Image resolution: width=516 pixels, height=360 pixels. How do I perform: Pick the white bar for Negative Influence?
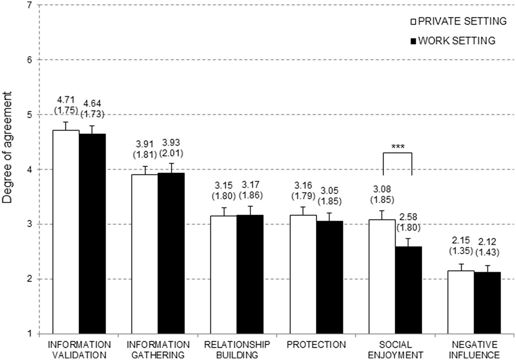tap(461, 302)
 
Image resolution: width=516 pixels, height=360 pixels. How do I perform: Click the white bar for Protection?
tap(303, 274)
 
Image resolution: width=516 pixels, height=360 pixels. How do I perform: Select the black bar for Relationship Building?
tap(250, 274)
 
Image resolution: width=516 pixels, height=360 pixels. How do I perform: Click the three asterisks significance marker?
tap(397, 147)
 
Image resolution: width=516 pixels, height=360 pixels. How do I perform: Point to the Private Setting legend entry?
tap(459, 21)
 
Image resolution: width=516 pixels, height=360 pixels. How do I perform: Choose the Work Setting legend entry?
tap(453, 40)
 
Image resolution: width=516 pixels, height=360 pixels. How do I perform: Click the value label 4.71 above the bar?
tap(66, 99)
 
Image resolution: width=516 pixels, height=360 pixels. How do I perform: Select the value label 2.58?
tap(408, 217)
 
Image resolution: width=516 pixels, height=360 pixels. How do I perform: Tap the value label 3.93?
tap(171, 143)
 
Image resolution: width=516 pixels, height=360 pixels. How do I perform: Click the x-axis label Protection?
tap(316, 344)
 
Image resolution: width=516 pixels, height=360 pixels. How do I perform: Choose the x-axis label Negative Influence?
tap(476, 349)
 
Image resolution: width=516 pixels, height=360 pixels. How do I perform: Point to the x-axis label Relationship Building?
tap(237, 349)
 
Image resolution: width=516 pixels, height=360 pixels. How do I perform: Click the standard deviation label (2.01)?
tap(171, 153)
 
